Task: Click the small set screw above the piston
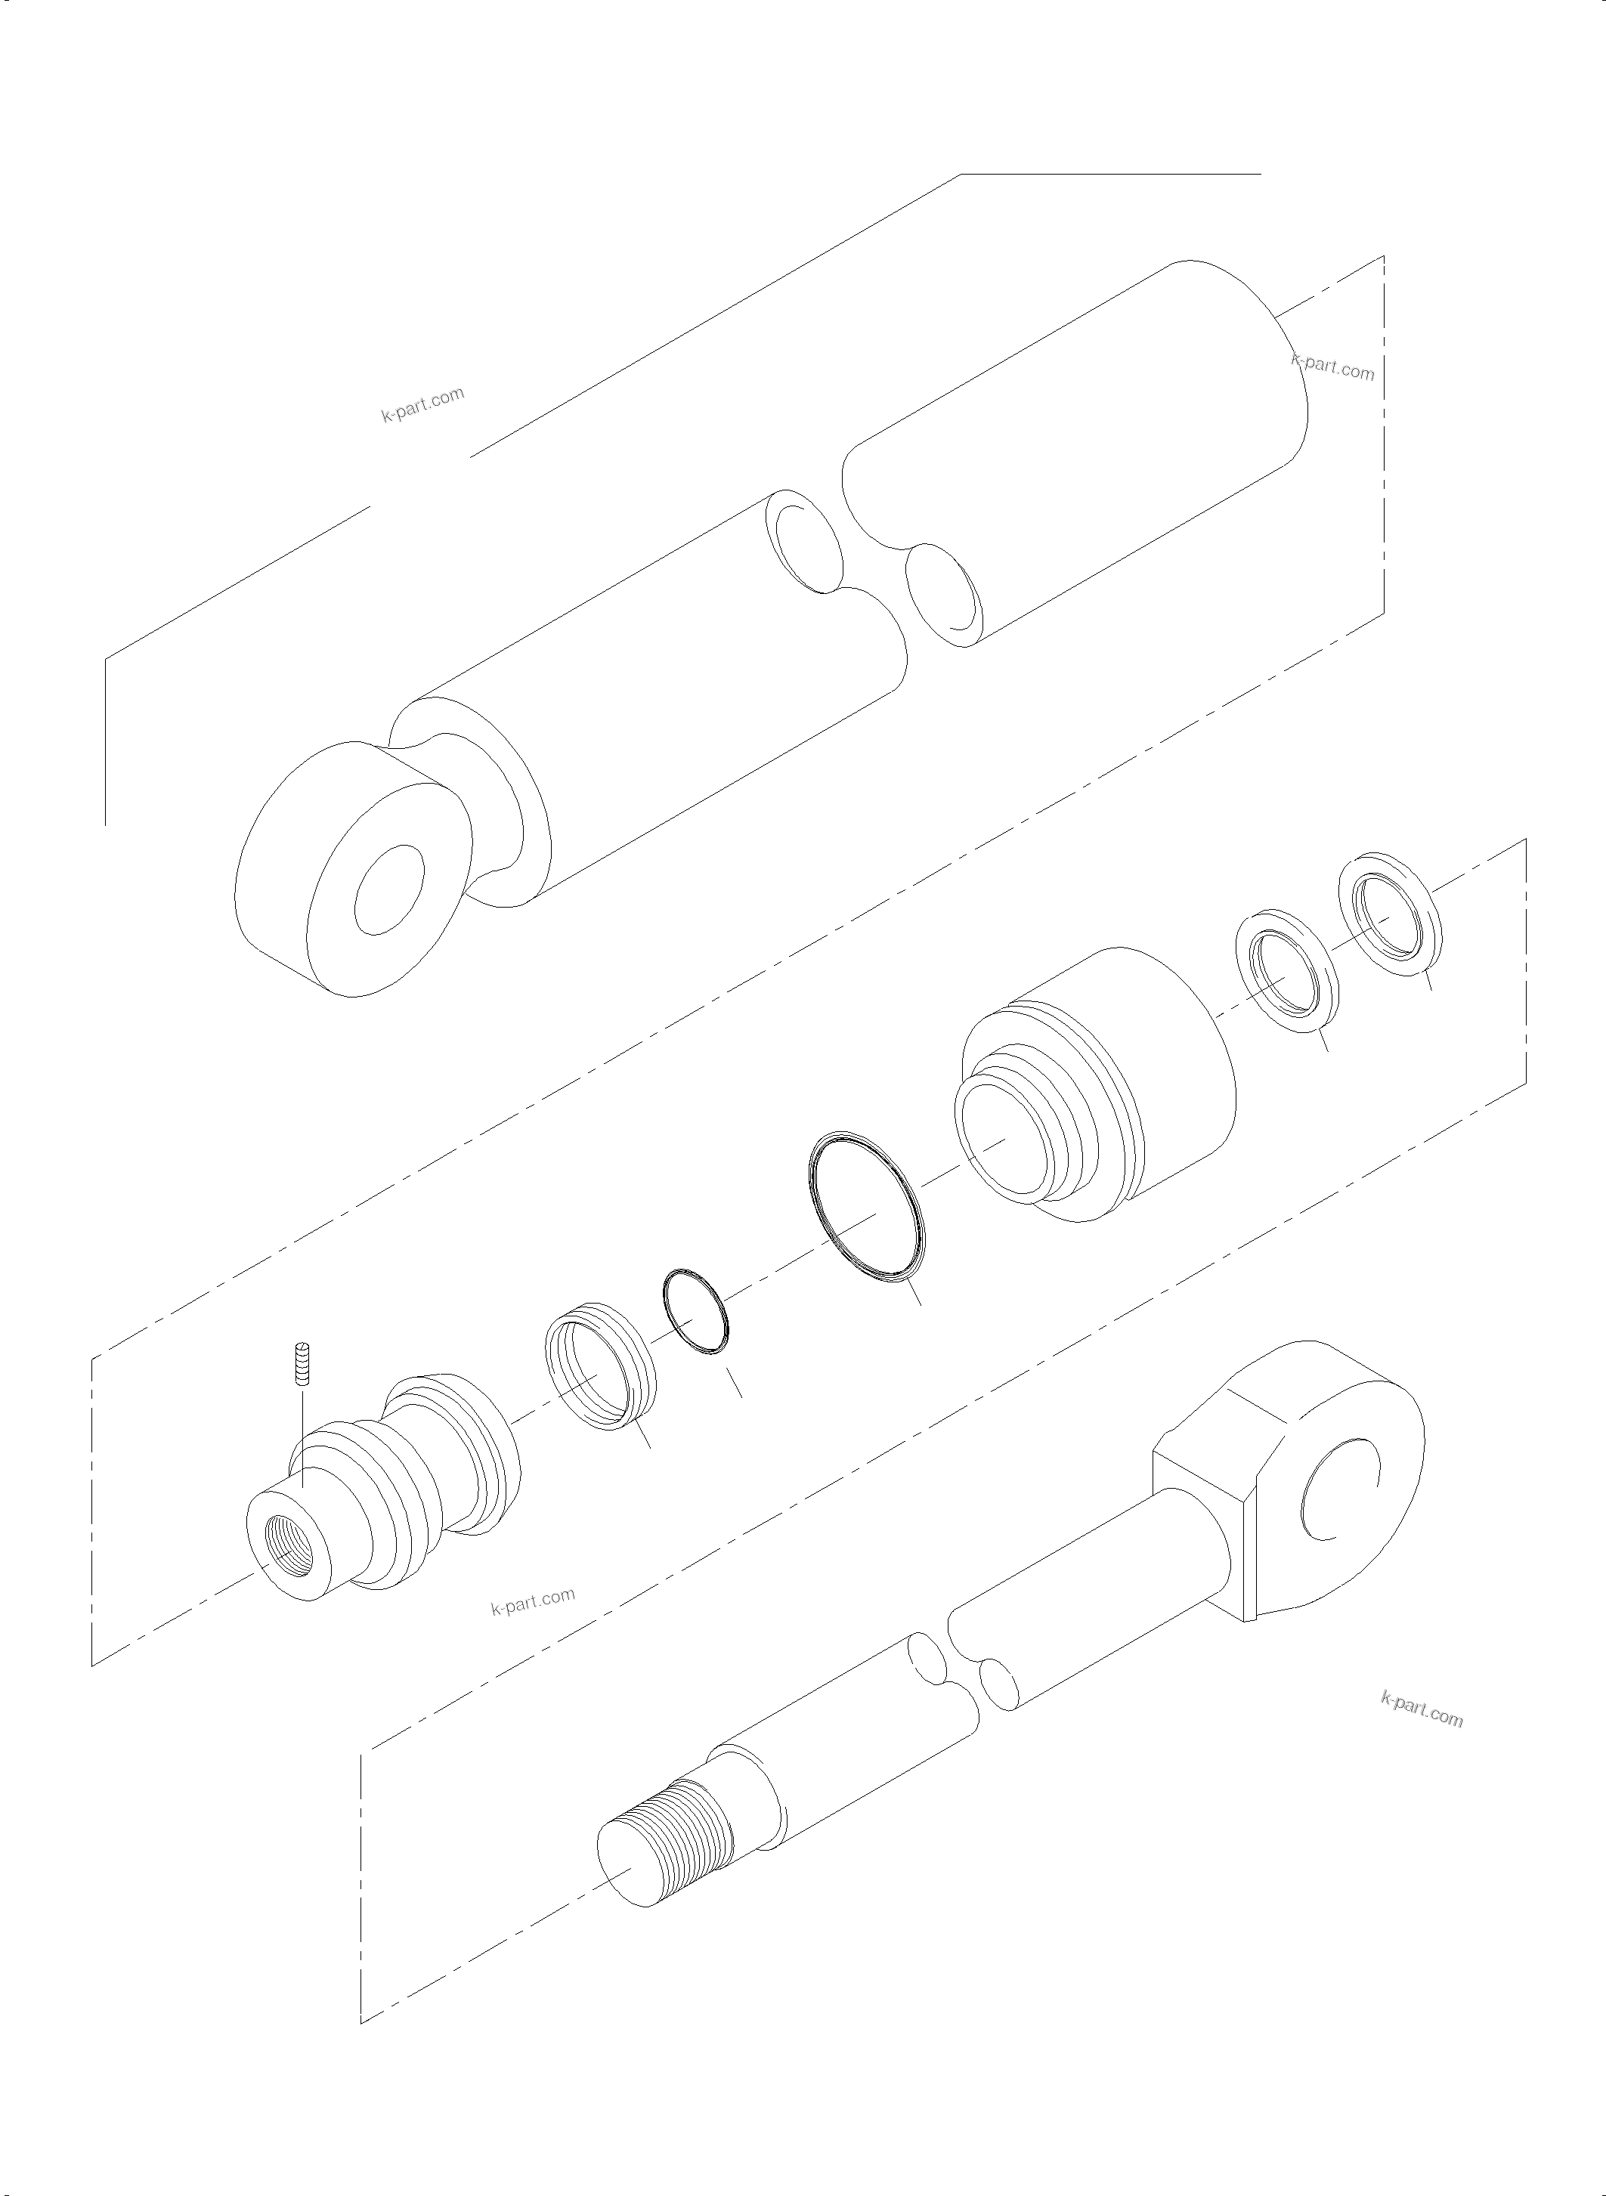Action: pos(302,1365)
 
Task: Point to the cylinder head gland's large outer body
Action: pos(1157,1069)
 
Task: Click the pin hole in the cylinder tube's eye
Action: pos(390,889)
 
